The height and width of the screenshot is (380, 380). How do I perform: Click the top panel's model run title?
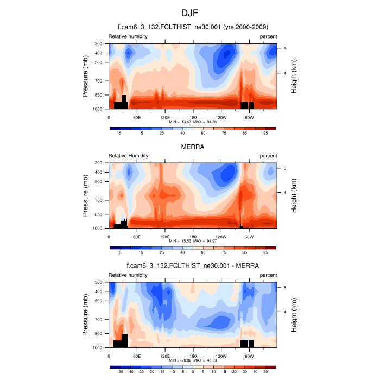[193, 27]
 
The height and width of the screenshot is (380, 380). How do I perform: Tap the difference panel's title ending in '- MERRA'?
[193, 266]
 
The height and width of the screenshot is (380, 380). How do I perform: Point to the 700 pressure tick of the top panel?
[99, 81]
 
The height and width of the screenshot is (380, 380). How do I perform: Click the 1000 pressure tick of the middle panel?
[98, 229]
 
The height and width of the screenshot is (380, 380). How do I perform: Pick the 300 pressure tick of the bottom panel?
[99, 282]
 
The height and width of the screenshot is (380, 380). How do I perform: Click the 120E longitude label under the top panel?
[165, 117]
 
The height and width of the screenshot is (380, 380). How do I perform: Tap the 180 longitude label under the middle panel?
[193, 237]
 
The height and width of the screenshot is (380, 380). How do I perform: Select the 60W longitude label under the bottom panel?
[249, 356]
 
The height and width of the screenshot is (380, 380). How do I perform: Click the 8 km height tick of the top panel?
[285, 49]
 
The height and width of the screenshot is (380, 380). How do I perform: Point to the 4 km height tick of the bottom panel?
[285, 312]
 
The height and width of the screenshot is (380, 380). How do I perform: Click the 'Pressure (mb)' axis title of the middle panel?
[86, 195]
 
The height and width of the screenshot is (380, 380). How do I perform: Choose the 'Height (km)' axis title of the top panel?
[294, 76]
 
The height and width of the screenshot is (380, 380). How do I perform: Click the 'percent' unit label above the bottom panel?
[268, 275]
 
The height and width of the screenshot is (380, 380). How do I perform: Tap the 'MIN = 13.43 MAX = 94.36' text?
[193, 123]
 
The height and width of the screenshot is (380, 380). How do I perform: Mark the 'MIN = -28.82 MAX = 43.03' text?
[193, 360]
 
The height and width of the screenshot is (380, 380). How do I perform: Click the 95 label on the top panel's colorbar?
[265, 133]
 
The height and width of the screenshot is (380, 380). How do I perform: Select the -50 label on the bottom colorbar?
[120, 372]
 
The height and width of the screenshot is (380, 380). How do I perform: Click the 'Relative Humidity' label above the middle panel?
[128, 156]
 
